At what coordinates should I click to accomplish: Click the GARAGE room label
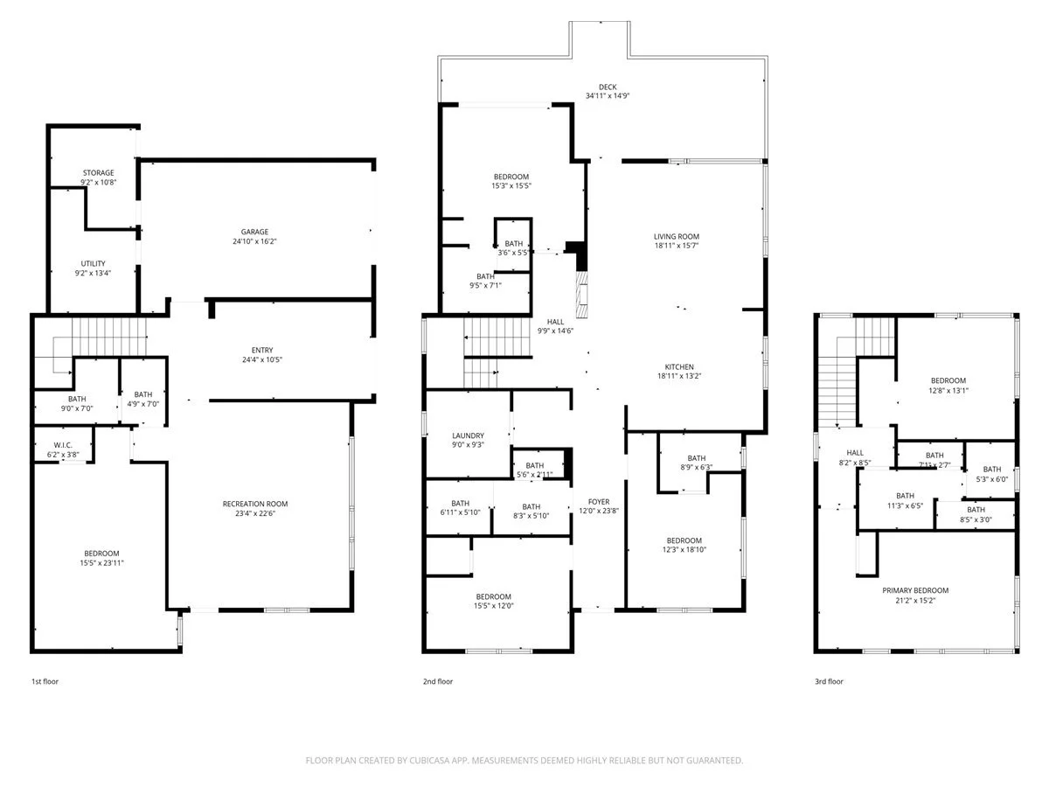pos(256,232)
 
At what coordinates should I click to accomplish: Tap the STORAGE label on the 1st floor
pos(99,173)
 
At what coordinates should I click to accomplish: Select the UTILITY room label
pos(94,263)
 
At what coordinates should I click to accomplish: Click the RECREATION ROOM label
pos(255,504)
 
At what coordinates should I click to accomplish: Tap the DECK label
pos(608,87)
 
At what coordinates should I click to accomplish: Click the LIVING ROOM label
pos(677,236)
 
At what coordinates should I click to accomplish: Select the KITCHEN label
pos(679,366)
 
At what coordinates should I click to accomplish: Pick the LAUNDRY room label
pos(468,435)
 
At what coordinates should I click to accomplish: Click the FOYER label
pos(598,502)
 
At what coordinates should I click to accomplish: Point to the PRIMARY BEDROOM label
pos(915,590)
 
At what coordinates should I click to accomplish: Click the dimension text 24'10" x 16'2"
pos(256,241)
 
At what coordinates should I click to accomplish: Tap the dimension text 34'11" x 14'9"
pos(608,95)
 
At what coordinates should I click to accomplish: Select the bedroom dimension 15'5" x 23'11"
pos(102,562)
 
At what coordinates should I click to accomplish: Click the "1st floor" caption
pos(45,681)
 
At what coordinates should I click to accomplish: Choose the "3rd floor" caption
pos(829,681)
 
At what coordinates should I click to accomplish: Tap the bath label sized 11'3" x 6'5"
pos(905,495)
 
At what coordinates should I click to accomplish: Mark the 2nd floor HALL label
pos(556,322)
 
